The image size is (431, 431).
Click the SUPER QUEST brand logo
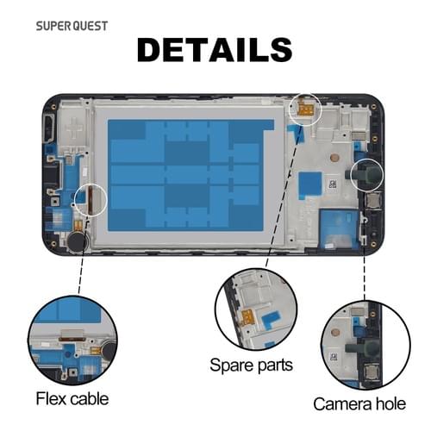(x=72, y=26)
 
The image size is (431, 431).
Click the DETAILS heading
(x=215, y=50)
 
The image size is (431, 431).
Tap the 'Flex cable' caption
(x=72, y=399)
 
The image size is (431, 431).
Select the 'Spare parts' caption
(x=251, y=365)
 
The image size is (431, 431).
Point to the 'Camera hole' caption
(x=359, y=404)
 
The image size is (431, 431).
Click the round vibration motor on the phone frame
(x=77, y=241)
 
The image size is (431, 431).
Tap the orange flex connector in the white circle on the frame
(x=306, y=109)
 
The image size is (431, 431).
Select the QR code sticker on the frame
(x=333, y=184)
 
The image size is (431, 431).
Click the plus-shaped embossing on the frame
(x=74, y=128)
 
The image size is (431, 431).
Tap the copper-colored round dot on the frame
(x=334, y=157)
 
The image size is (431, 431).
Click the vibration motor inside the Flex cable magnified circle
(x=109, y=348)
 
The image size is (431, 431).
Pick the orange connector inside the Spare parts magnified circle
(x=247, y=317)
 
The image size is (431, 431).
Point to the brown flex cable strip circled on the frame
(x=90, y=199)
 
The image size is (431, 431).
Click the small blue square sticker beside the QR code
(x=309, y=183)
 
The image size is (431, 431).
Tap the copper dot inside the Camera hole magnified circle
(x=335, y=333)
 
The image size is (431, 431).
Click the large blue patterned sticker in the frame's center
(x=190, y=175)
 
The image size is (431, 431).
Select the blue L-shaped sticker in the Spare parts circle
(x=271, y=320)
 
